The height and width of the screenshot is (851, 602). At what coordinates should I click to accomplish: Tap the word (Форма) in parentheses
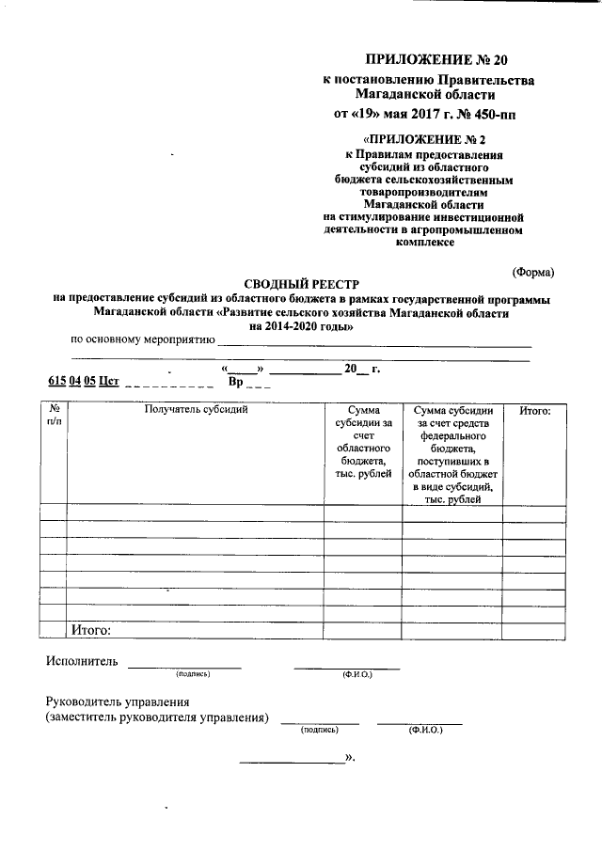pyautogui.click(x=533, y=272)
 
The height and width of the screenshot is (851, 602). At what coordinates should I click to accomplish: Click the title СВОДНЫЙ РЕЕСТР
pyautogui.click(x=301, y=284)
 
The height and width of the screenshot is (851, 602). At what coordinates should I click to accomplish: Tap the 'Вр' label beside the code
pyautogui.click(x=235, y=382)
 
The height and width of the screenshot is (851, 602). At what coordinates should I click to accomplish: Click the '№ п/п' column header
pyautogui.click(x=55, y=417)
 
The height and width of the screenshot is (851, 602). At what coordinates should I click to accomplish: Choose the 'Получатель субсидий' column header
pyautogui.click(x=196, y=410)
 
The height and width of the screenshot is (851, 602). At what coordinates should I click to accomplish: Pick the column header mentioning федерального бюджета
pyautogui.click(x=453, y=455)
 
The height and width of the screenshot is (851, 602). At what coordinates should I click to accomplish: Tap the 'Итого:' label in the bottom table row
pyautogui.click(x=92, y=630)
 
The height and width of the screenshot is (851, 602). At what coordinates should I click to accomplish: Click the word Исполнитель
pyautogui.click(x=82, y=661)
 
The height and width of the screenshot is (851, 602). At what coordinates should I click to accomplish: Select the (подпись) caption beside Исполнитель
pyautogui.click(x=193, y=674)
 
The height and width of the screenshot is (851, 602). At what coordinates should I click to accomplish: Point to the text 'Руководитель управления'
pyautogui.click(x=119, y=702)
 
